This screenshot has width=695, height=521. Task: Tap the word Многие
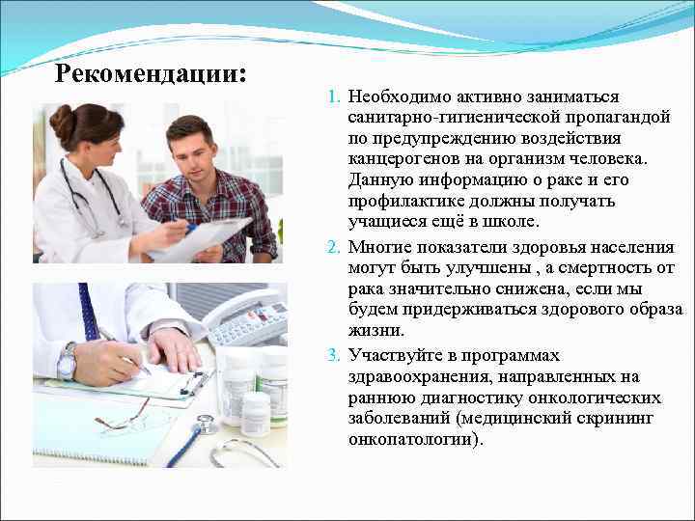(x=377, y=246)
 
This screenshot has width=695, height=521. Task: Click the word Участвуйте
(x=390, y=354)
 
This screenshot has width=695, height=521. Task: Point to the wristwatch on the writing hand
(x=67, y=362)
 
